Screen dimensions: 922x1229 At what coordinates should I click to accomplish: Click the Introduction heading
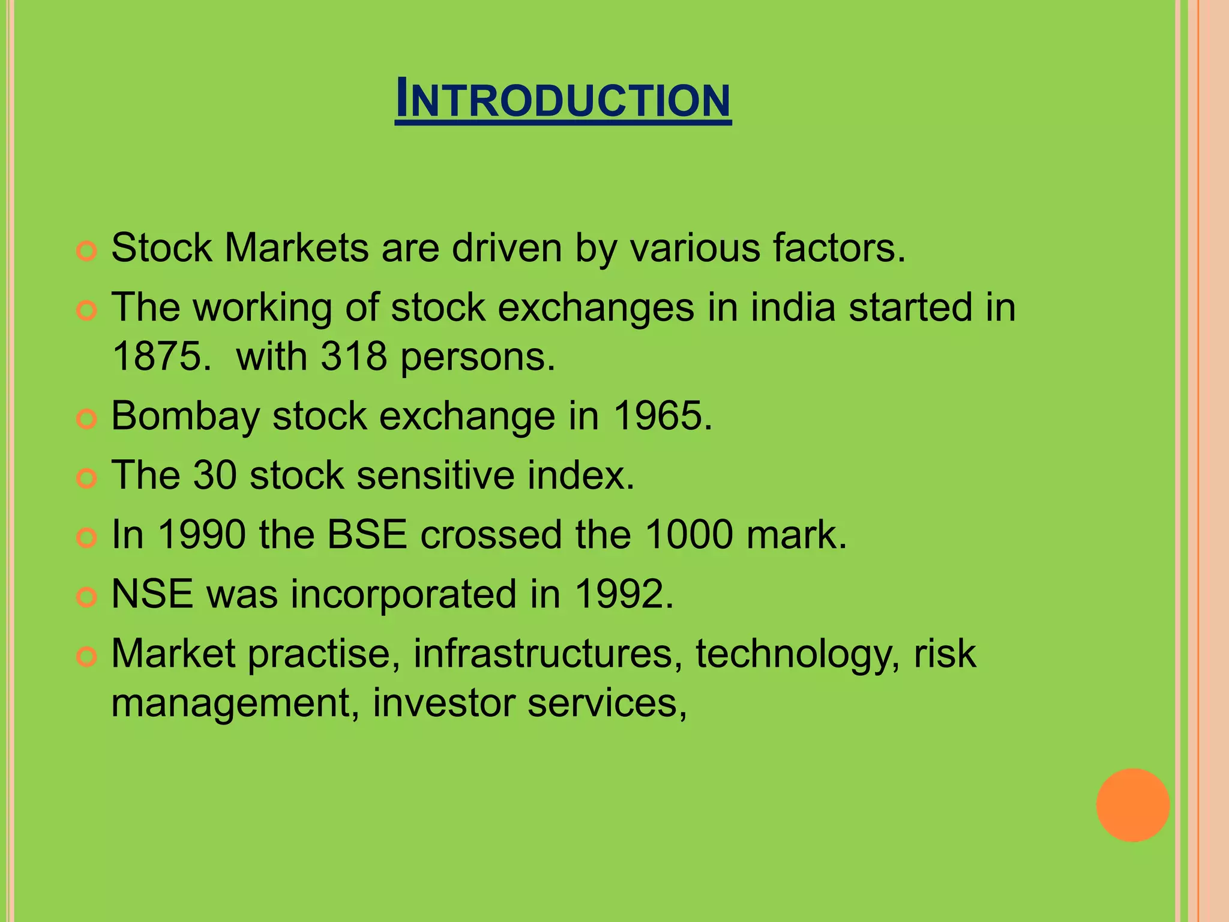click(x=563, y=100)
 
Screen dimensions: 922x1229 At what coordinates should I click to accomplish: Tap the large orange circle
click(x=1132, y=805)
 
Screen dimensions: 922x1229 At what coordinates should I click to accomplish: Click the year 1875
click(x=161, y=357)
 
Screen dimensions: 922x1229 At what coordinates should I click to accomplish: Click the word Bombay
click(x=185, y=417)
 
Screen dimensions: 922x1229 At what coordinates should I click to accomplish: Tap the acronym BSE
click(x=367, y=534)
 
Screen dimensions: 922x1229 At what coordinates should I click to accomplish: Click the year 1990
click(x=202, y=534)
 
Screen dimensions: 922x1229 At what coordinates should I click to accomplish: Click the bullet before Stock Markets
click(x=87, y=251)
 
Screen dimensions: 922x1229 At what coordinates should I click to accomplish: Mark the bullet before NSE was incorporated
click(x=87, y=597)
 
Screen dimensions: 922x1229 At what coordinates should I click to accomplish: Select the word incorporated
click(x=404, y=595)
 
